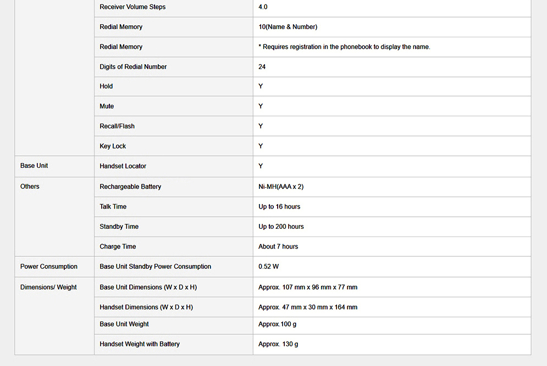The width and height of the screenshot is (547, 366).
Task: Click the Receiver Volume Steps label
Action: [132, 7]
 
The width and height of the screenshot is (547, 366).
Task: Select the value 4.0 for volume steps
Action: [263, 7]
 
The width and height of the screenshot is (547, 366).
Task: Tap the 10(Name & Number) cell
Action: [288, 27]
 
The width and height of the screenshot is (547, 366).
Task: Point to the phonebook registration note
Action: [344, 47]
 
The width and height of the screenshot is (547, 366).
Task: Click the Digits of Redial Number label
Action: [133, 67]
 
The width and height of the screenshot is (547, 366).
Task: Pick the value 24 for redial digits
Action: [262, 67]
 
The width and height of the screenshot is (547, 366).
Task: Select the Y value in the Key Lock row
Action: [261, 146]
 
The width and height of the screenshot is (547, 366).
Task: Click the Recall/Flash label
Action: [117, 126]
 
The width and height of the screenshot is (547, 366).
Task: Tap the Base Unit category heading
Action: [34, 166]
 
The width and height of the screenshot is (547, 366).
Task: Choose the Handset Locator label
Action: [123, 166]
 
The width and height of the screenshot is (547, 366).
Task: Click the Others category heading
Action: [30, 187]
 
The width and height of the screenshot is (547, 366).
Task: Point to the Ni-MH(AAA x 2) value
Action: [281, 187]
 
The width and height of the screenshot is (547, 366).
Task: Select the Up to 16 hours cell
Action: [279, 207]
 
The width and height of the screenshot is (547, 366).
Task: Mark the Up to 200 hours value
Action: [281, 227]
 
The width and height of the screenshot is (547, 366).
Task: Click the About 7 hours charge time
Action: [278, 247]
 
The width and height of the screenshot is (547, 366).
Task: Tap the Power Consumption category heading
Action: [49, 267]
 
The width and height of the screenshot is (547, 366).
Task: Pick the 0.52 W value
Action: [268, 267]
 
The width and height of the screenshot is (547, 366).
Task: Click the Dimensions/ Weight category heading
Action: [48, 287]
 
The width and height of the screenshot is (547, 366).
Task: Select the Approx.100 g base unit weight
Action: [277, 324]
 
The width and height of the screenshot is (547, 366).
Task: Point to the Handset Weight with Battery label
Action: [140, 344]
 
